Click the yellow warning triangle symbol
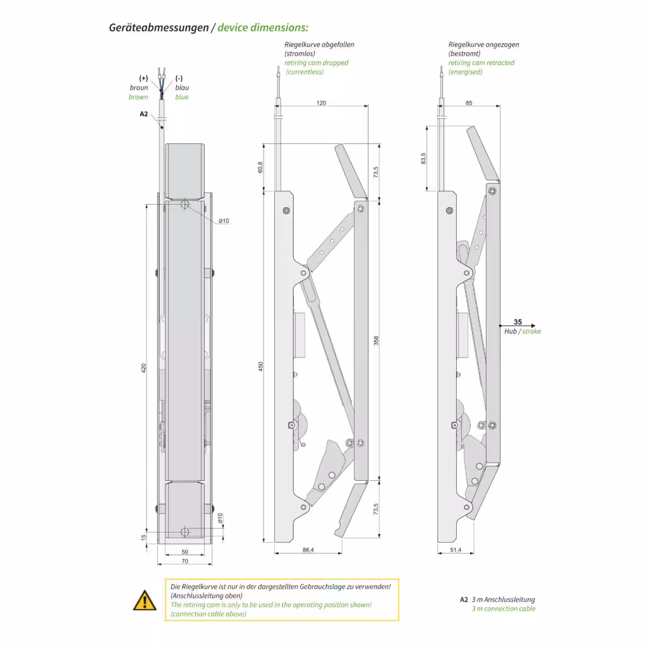(x=145, y=600)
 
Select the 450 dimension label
(x=261, y=367)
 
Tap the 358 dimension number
(x=377, y=340)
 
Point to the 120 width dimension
(x=321, y=103)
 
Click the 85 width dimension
(x=468, y=103)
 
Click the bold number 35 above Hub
(x=517, y=322)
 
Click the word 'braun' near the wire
(x=139, y=88)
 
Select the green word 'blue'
(x=182, y=97)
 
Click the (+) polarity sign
(x=143, y=78)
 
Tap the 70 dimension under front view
(x=185, y=561)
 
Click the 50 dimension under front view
(x=185, y=552)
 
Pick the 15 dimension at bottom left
(x=144, y=537)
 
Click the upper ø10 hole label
(x=224, y=221)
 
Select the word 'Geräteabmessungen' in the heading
(x=159, y=28)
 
